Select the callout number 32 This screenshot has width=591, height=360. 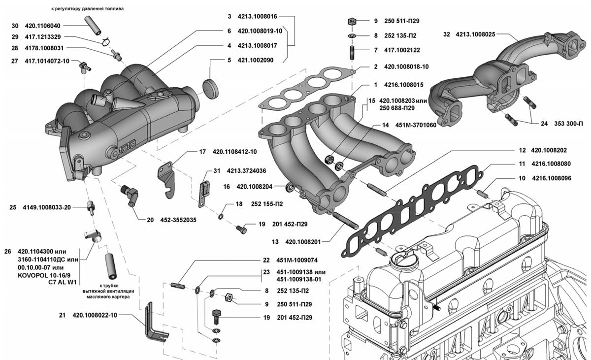point(447,34)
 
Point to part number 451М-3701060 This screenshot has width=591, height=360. point(416,125)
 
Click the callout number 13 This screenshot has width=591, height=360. point(275,242)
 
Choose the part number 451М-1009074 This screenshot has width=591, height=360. point(297,260)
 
